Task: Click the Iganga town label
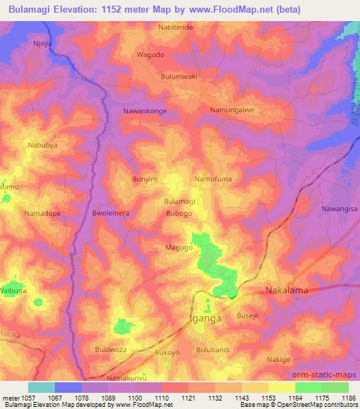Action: pyautogui.click(x=207, y=318)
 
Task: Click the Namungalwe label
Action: pyautogui.click(x=231, y=110)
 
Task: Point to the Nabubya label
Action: pyautogui.click(x=42, y=145)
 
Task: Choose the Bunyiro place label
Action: pyautogui.click(x=146, y=179)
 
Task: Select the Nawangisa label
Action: pyautogui.click(x=340, y=209)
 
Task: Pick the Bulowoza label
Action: pyautogui.click(x=112, y=349)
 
